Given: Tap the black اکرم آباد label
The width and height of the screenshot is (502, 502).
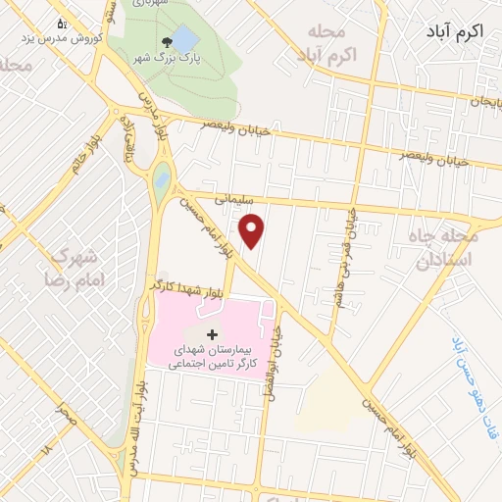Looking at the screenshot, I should pyautogui.click(x=456, y=32).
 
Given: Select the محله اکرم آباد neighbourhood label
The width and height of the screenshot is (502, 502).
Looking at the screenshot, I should pyautogui.click(x=326, y=43).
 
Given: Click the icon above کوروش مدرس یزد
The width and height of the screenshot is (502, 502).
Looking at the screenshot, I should pyautogui.click(x=62, y=23).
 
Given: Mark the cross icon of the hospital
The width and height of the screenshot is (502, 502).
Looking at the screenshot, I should pyautogui.click(x=212, y=334).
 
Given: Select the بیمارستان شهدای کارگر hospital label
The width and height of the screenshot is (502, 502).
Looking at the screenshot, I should pyautogui.click(x=212, y=356).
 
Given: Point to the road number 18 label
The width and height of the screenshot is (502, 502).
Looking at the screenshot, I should pyautogui.click(x=45, y=450).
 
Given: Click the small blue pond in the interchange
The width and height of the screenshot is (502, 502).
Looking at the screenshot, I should pyautogui.click(x=161, y=179).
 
